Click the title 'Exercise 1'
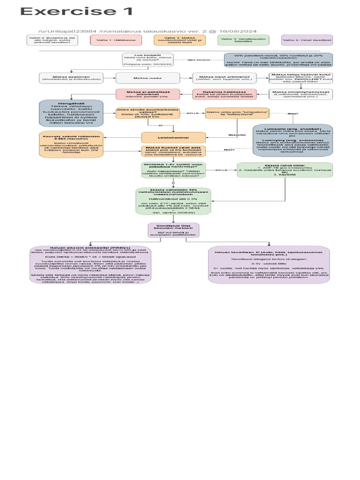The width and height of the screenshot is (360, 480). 77,12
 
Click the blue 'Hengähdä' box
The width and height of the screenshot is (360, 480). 70,112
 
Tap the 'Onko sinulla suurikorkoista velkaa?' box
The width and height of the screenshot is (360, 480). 148,113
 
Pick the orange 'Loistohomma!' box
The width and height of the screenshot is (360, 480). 173,137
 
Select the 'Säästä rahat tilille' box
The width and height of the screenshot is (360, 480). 285,170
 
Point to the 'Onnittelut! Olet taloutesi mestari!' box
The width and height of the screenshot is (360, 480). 173,230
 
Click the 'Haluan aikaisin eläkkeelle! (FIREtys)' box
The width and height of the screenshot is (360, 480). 90,265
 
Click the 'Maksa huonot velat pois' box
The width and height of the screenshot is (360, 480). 173,150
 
